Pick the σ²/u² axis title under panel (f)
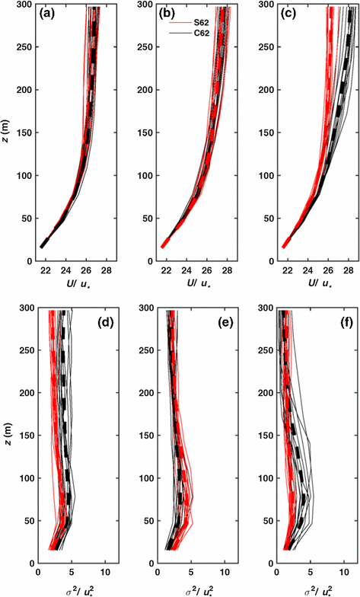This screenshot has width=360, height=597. [x=307, y=587]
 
